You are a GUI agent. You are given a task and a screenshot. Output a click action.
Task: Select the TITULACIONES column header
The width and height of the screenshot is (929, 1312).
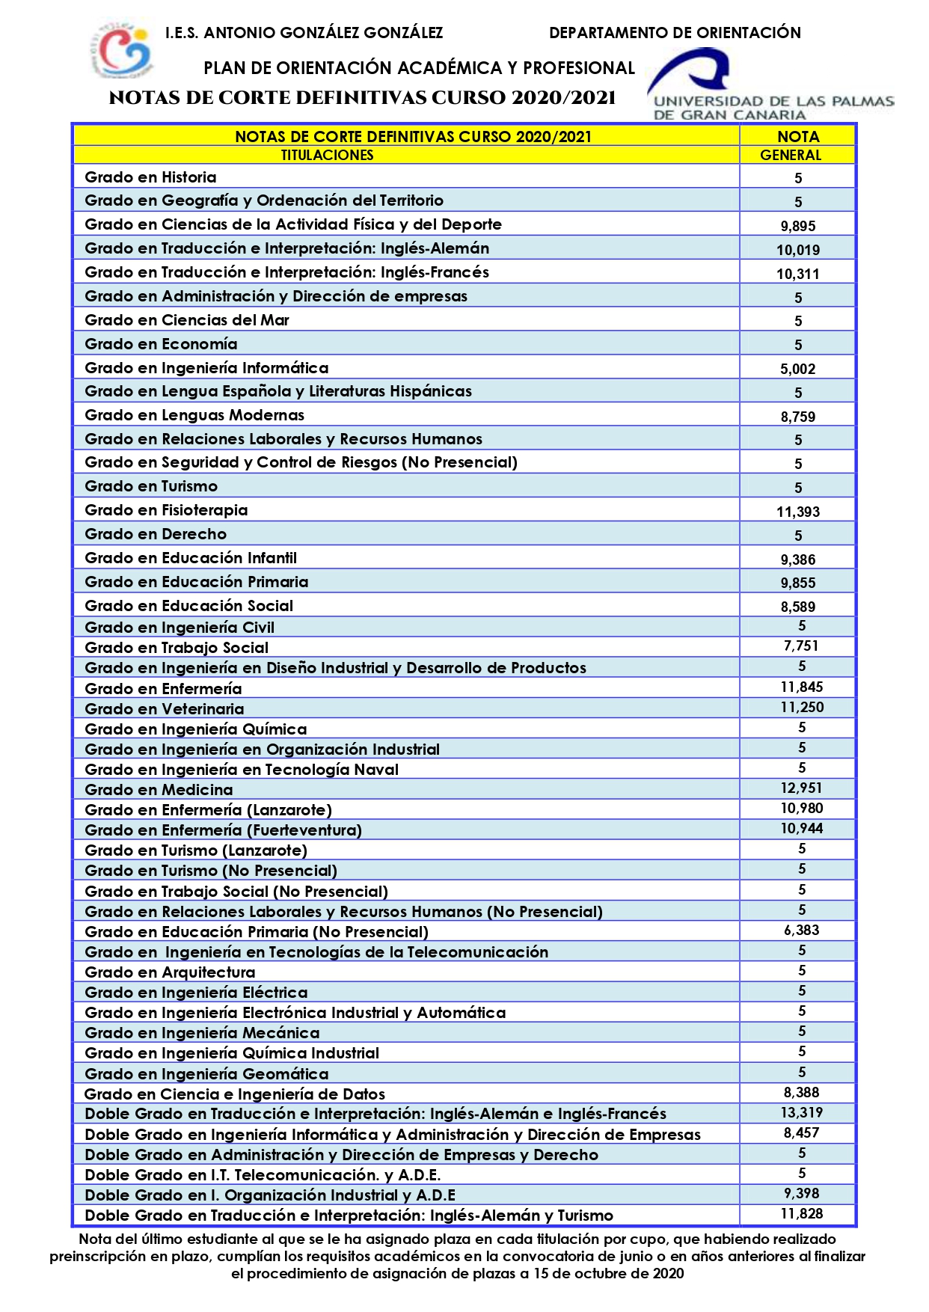(x=327, y=156)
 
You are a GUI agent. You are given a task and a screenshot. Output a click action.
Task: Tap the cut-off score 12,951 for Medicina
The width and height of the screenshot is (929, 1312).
(x=801, y=788)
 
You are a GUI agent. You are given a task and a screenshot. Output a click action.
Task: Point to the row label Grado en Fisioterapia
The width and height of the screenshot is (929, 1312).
(x=166, y=510)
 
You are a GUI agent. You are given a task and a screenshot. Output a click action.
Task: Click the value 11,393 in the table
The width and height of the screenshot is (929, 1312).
(x=798, y=512)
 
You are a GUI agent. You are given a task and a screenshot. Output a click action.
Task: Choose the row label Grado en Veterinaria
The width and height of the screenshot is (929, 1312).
(x=165, y=709)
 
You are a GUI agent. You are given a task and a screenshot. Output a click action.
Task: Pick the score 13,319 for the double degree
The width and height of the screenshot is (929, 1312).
(x=801, y=1113)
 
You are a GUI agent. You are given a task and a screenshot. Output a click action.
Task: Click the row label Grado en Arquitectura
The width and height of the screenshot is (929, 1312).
(x=170, y=972)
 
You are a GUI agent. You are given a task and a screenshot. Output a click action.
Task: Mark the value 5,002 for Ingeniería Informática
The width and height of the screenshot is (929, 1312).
(x=798, y=369)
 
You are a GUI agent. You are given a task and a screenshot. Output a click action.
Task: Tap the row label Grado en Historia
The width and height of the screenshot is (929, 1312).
(x=150, y=177)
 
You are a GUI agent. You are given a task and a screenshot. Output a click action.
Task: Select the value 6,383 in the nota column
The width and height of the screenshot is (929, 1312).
(x=801, y=931)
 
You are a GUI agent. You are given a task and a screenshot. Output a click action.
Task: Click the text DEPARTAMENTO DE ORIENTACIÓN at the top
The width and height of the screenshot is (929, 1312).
(x=675, y=33)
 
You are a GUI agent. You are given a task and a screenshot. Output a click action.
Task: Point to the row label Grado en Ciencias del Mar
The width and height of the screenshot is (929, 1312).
(x=187, y=320)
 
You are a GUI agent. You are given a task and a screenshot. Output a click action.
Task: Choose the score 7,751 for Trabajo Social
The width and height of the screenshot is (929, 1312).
(x=801, y=646)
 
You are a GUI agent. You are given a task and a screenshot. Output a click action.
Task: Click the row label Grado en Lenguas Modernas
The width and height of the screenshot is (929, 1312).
(x=194, y=415)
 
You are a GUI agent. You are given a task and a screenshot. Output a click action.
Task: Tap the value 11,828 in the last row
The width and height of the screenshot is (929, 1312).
(x=801, y=1214)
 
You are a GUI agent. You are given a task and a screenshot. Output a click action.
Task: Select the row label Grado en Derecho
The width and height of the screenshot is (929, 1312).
(x=156, y=534)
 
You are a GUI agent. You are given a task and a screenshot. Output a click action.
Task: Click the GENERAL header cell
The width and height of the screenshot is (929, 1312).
(x=791, y=156)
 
